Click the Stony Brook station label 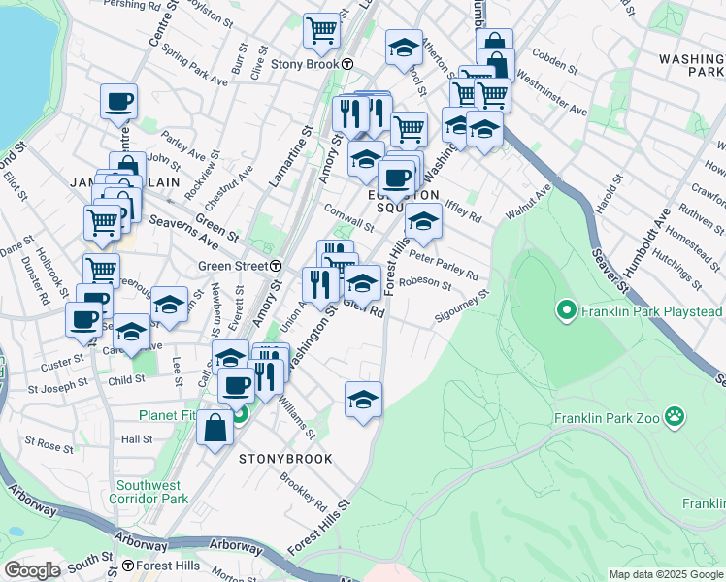click(298, 64)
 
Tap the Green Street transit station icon click(277, 266)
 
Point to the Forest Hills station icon click(128, 566)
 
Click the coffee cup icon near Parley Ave click(118, 100)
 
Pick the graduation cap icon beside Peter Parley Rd click(423, 221)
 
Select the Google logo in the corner click(32, 570)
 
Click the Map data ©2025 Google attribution click(666, 574)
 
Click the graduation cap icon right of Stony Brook click(404, 48)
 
